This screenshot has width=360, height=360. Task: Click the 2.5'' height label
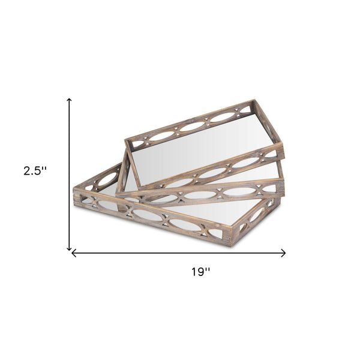(x=35, y=171)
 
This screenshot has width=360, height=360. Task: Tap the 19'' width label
(x=201, y=272)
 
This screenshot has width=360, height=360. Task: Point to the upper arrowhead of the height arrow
(x=69, y=100)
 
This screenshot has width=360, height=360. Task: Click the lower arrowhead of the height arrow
(x=69, y=249)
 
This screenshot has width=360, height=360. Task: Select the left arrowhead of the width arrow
(x=73, y=253)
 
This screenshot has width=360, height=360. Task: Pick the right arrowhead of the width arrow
(x=284, y=253)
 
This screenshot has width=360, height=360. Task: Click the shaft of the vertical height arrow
(x=69, y=174)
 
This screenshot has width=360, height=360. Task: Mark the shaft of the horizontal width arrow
(x=179, y=253)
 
